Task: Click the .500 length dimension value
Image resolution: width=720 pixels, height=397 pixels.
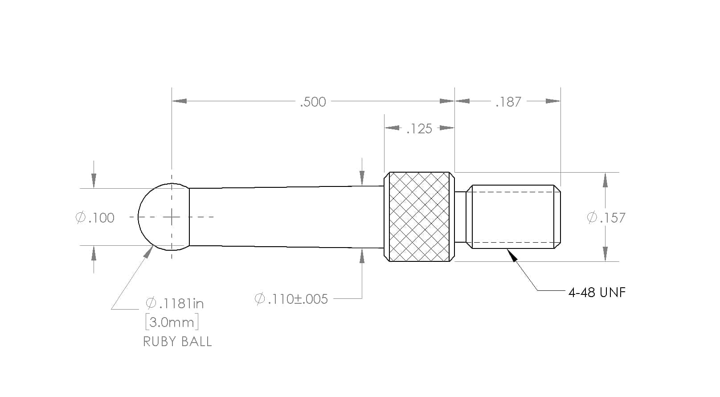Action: point(313,102)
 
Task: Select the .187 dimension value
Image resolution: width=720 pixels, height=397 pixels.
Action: point(508,102)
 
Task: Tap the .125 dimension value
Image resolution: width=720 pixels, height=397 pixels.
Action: point(419,128)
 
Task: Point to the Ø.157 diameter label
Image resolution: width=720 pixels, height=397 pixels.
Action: point(606,218)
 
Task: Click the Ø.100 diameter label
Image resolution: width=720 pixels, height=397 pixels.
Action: point(95,218)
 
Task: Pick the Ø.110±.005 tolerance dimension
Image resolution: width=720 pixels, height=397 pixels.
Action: point(291,299)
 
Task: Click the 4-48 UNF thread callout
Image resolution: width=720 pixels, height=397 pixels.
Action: point(597,293)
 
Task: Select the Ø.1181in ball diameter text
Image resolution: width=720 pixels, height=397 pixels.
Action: point(175,303)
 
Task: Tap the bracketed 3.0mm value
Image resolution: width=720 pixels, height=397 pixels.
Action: point(172,322)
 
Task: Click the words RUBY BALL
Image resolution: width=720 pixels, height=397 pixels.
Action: point(177,342)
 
